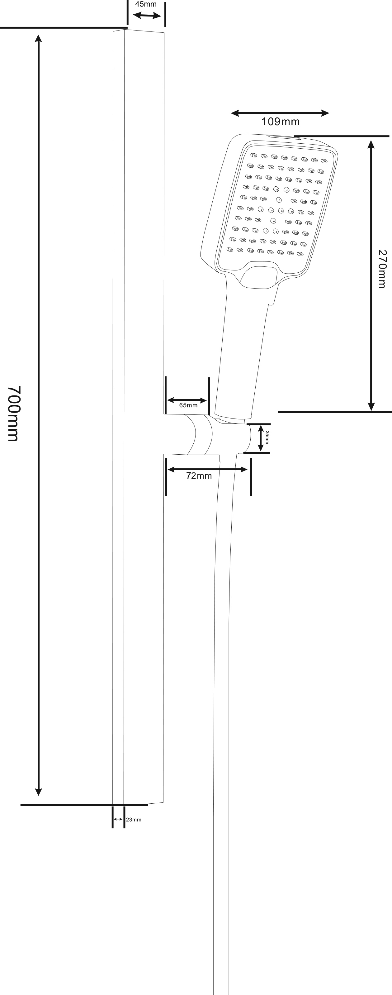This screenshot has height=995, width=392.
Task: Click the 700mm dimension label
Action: pos(13,413)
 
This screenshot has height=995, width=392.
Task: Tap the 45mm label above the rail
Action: pos(145,5)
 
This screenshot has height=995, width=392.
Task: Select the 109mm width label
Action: pos(281,122)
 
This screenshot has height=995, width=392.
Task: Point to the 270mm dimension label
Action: pos(382,269)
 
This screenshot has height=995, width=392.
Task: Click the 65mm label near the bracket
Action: pos(188,405)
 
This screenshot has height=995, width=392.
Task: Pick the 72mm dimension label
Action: pos(199,476)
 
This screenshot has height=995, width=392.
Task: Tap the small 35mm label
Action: pos(267,437)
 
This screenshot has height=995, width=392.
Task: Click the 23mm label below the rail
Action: pos(134,820)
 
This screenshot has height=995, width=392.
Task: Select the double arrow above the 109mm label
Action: pos(280,113)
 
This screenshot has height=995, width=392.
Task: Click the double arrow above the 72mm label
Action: pos(207,469)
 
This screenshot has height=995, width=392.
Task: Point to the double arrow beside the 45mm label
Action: pos(147,16)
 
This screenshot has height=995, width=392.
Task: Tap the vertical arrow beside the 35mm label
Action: pos(260,438)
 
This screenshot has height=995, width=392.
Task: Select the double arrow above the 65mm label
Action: pos(187,400)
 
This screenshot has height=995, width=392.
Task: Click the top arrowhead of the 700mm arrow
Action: pos(38,38)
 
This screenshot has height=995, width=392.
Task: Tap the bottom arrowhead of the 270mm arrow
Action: pos(371,406)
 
